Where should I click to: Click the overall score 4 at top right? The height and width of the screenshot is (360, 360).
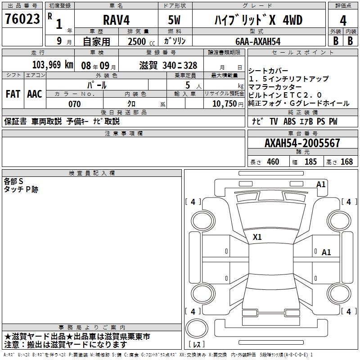pyautogui.click(x=343, y=20)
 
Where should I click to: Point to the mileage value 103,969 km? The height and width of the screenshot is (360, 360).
pyautogui.click(x=53, y=65)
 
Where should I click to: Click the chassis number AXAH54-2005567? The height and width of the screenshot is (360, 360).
pyautogui.click(x=302, y=143)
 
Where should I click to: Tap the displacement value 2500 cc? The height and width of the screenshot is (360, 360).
pyautogui.click(x=141, y=41)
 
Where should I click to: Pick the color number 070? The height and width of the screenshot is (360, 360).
pyautogui.click(x=74, y=104)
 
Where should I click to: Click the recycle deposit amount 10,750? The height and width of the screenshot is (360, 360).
pyautogui.click(x=224, y=104)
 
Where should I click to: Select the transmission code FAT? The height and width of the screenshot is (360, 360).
pyautogui.click(x=13, y=94)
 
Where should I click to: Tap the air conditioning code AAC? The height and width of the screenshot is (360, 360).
pyautogui.click(x=35, y=94)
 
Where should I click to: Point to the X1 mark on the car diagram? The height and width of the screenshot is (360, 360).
pyautogui.click(x=257, y=237)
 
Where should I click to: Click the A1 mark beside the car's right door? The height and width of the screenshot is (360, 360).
pyautogui.click(x=326, y=252)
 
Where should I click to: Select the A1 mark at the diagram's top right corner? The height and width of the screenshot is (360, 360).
pyautogui.click(x=321, y=184)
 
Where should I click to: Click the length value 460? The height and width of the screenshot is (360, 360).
pyautogui.click(x=273, y=162)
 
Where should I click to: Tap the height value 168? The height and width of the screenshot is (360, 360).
pyautogui.click(x=346, y=162)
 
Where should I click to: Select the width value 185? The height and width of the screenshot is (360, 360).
pyautogui.click(x=310, y=162)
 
